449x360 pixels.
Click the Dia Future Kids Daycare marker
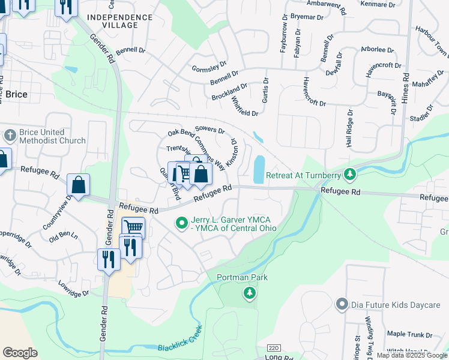(342, 305)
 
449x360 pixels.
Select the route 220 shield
(274, 347)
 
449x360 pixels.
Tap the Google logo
(20, 352)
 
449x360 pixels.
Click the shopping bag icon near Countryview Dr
(79, 185)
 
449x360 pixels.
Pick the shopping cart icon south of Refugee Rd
(133, 227)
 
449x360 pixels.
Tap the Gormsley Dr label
(209, 65)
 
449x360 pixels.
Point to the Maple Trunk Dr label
(409, 334)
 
